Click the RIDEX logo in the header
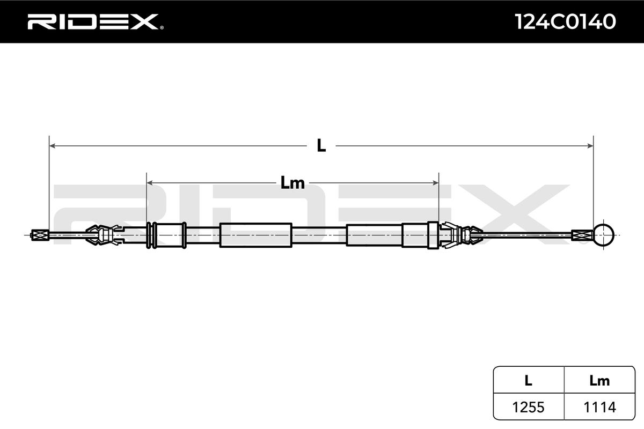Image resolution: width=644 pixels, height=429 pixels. pyautogui.click(x=92, y=21)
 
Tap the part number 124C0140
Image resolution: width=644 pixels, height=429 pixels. pyautogui.click(x=565, y=21)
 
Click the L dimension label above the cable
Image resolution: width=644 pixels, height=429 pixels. pyautogui.click(x=321, y=145)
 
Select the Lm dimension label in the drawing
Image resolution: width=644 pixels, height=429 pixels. pyautogui.click(x=292, y=183)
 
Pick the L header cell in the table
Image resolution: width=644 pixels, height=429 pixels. pyautogui.click(x=528, y=381)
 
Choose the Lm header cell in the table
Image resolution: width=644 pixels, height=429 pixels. pyautogui.click(x=599, y=381)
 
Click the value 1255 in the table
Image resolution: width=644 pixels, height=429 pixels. pyautogui.click(x=528, y=408)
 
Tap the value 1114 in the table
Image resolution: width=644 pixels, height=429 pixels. pyautogui.click(x=599, y=408)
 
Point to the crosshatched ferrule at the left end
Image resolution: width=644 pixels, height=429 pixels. pyautogui.click(x=39, y=234)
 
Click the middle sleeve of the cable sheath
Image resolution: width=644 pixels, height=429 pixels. pyautogui.click(x=256, y=234)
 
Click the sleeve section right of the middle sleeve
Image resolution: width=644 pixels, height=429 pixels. pyautogui.click(x=375, y=234)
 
